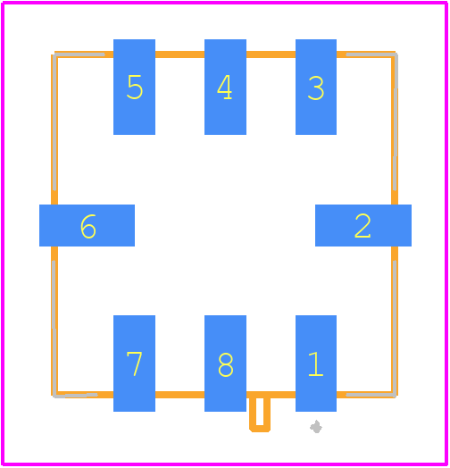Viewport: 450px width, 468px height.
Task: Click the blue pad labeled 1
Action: pos(316,364)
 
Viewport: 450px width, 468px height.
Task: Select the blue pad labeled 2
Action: pos(363,225)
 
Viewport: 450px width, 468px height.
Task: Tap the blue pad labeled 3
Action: pos(316,87)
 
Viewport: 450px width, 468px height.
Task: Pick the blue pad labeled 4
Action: pos(225,87)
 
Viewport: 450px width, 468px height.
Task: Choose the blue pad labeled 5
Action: pos(134,87)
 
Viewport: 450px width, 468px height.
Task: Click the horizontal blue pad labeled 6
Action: pos(87,225)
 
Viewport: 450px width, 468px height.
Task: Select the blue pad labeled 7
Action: pos(134,364)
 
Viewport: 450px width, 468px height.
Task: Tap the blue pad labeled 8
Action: pos(225,364)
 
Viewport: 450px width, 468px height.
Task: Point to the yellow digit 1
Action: pos(316,364)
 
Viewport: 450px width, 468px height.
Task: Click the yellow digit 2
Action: pos(362,226)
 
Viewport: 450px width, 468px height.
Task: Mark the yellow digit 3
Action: pos(316,88)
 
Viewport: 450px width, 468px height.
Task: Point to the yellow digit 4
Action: pos(224,87)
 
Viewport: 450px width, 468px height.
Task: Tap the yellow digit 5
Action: pos(135,87)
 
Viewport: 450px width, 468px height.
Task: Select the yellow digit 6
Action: pos(88,227)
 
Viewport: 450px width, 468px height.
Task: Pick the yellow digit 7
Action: pos(134,364)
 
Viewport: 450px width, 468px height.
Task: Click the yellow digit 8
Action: pos(226,364)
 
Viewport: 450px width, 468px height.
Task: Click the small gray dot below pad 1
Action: pos(316,427)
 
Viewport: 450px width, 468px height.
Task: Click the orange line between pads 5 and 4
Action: pos(180,54)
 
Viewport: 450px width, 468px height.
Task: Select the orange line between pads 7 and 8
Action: pos(180,395)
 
